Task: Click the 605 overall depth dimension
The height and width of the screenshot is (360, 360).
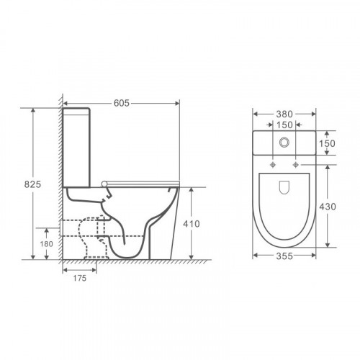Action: (122, 103)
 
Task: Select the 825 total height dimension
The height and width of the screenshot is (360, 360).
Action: (32, 184)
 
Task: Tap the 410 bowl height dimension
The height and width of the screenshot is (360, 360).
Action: (192, 224)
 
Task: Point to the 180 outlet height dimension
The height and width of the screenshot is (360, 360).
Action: (46, 244)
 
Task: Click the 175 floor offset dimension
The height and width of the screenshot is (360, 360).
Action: (80, 278)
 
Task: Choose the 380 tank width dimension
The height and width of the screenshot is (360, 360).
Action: (284, 114)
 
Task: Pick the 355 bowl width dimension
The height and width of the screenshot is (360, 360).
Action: (284, 256)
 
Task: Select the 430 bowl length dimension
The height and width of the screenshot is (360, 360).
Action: (328, 207)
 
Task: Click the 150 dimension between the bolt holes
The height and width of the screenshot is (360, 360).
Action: (284, 125)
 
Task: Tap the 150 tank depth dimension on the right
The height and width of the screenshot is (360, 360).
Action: (327, 143)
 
